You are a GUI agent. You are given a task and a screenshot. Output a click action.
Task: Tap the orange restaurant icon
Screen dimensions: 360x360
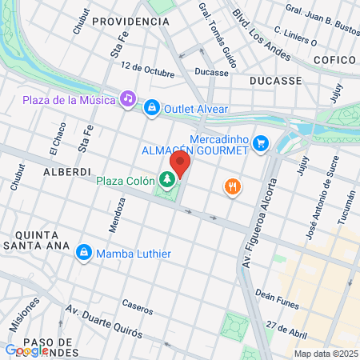point(233,186)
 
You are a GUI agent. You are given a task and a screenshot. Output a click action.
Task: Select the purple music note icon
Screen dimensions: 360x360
point(126,98)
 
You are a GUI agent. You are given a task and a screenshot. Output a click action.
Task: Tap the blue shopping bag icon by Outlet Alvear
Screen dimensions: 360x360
point(151,108)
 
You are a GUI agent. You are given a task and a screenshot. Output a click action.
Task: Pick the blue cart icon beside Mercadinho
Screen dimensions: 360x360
point(259,144)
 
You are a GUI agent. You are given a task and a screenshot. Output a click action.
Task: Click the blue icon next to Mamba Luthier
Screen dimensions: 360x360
point(82,253)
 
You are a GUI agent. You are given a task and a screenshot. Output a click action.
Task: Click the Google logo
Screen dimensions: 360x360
point(24,350)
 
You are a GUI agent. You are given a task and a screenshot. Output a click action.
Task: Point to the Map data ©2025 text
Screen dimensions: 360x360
point(324,354)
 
